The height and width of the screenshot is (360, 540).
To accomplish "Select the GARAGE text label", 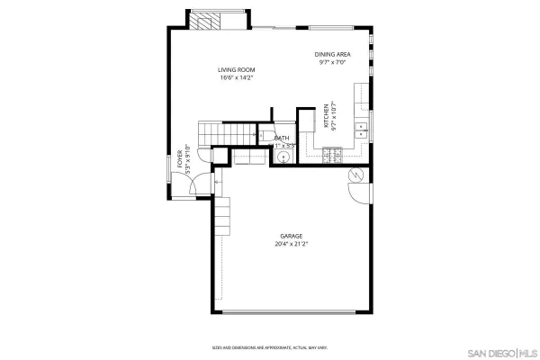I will pos(291,236).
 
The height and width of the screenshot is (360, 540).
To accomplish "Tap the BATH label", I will pos(282,138).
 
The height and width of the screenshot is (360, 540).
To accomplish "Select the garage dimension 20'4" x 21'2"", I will pos(291,243).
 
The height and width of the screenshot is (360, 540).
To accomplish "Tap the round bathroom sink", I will pos(283,157).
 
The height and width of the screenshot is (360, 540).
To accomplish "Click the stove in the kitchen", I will pos(330,156).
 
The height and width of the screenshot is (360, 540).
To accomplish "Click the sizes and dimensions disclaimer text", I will pos(269,348).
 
